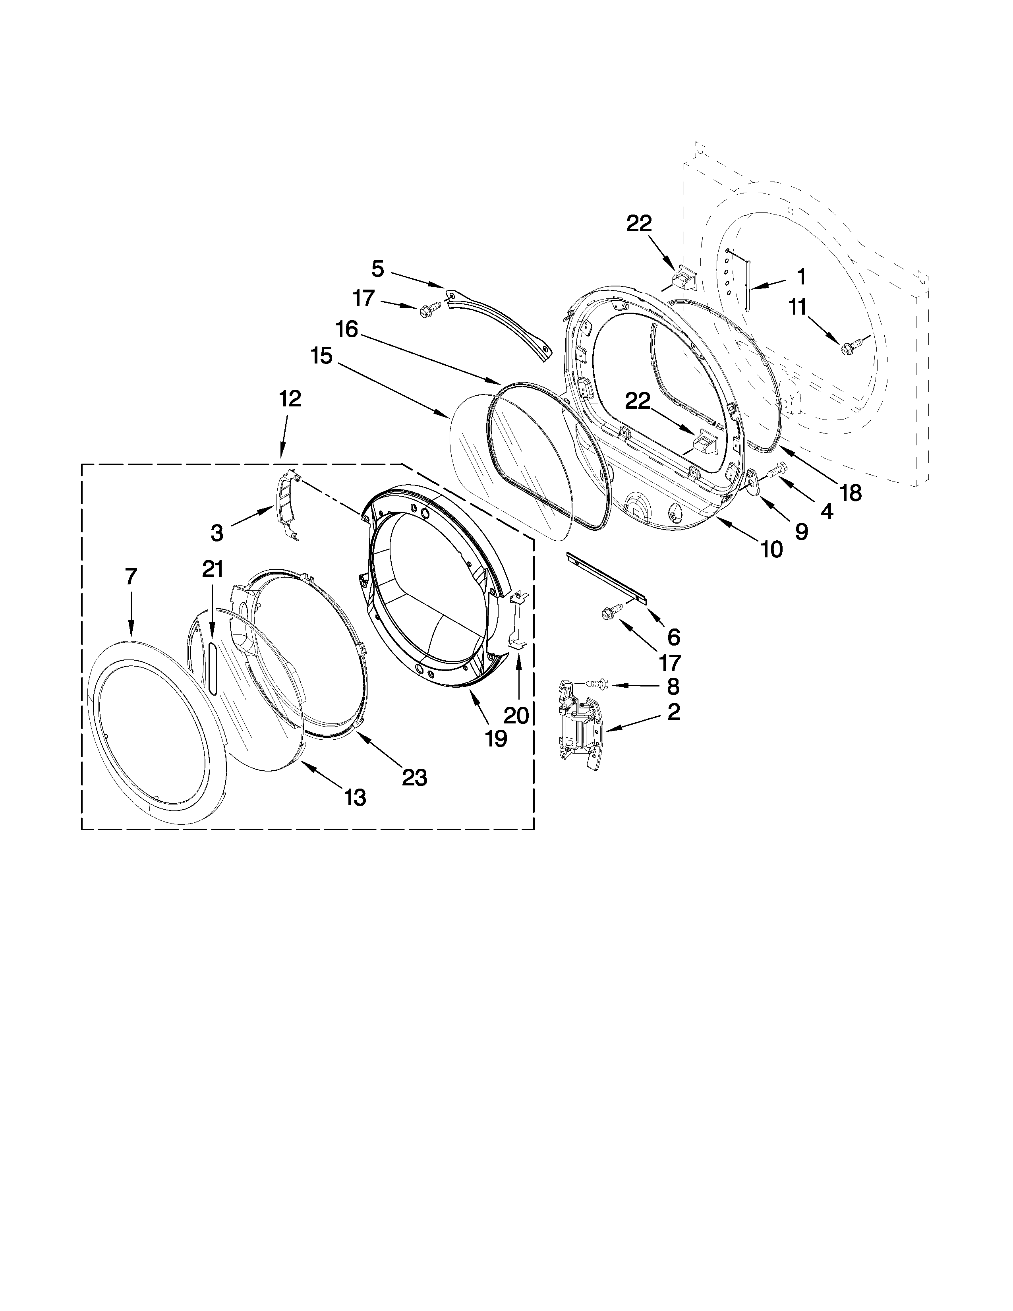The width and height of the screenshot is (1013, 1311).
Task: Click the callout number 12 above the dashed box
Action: (290, 398)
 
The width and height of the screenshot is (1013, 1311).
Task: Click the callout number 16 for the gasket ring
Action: (346, 329)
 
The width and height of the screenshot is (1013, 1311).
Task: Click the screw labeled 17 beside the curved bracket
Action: (428, 310)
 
